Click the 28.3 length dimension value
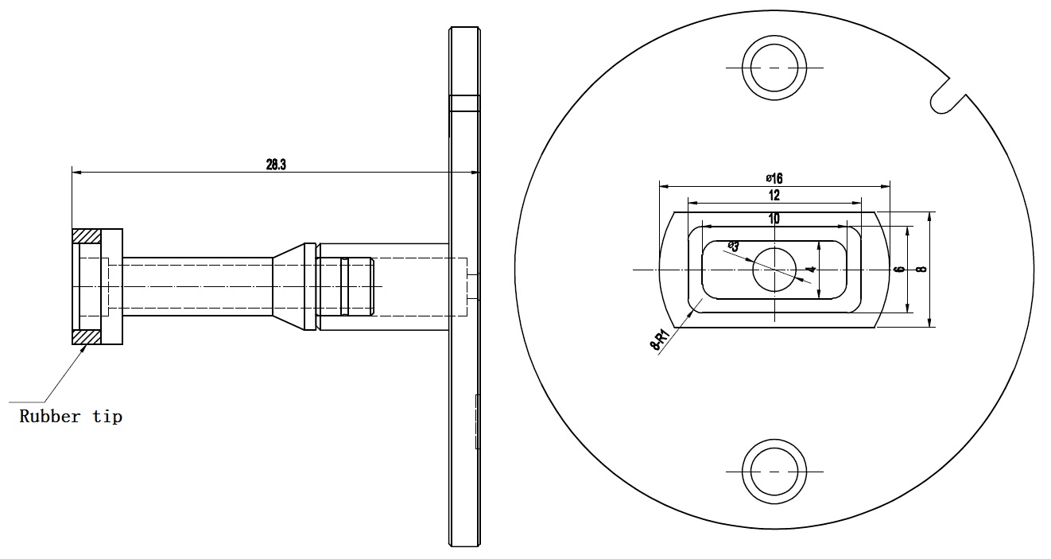tap(276, 165)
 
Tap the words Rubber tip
tap(71, 416)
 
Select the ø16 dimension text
tap(774, 179)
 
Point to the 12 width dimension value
tap(774, 195)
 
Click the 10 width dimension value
tap(774, 218)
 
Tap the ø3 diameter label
tap(733, 247)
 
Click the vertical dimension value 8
tap(921, 269)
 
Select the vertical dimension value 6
tap(898, 270)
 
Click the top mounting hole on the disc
tap(774, 68)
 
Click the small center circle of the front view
tap(774, 270)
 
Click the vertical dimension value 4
tap(809, 270)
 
